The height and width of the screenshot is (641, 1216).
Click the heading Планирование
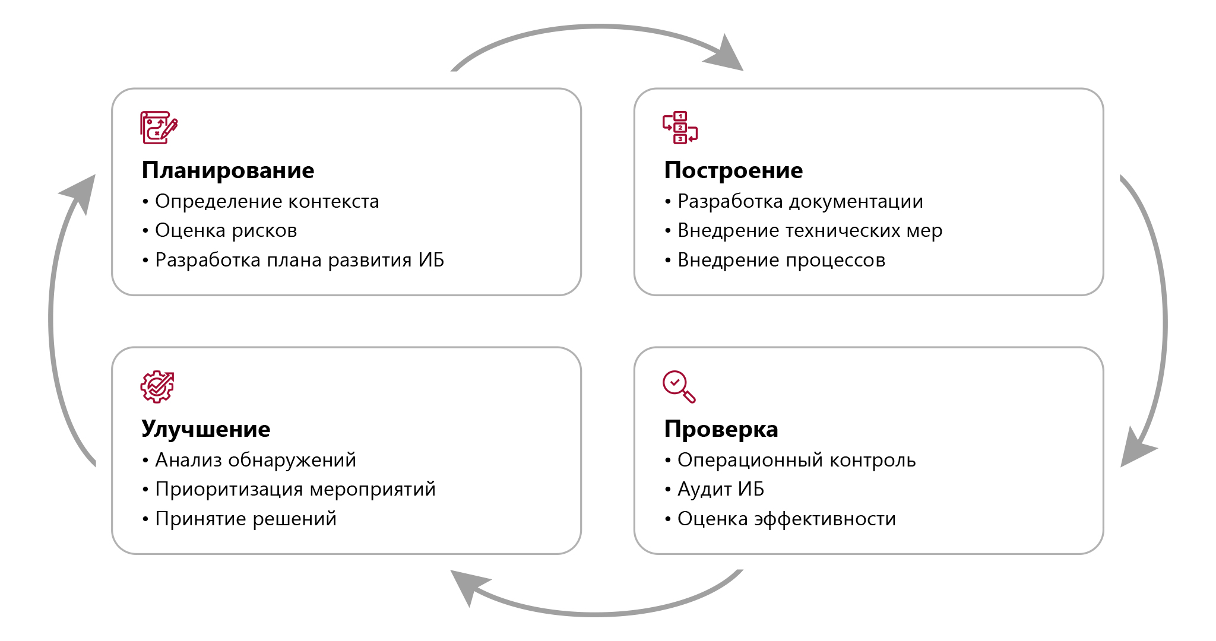[227, 170]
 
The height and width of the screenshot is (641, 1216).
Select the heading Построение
[733, 170]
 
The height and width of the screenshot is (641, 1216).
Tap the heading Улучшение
[205, 429]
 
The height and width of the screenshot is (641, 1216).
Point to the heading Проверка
[721, 429]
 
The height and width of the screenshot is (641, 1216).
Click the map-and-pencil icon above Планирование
[159, 128]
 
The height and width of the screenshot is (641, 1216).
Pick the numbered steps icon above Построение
[680, 128]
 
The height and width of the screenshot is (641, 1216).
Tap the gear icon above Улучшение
[157, 387]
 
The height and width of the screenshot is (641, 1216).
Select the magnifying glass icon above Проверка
[679, 387]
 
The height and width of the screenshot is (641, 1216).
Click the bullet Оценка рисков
[226, 230]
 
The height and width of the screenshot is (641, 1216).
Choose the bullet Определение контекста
[267, 201]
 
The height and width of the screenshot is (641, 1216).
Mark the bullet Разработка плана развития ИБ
[299, 260]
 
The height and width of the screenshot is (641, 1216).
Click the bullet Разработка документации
[800, 201]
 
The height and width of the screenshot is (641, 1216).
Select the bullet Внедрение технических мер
[809, 230]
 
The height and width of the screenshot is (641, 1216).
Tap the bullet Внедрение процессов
[781, 260]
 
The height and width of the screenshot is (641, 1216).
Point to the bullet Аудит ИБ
[720, 489]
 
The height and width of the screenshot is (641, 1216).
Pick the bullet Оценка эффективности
[786, 519]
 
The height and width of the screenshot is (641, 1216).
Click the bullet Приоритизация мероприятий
[295, 489]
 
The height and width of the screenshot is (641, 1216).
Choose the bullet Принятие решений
[245, 519]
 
